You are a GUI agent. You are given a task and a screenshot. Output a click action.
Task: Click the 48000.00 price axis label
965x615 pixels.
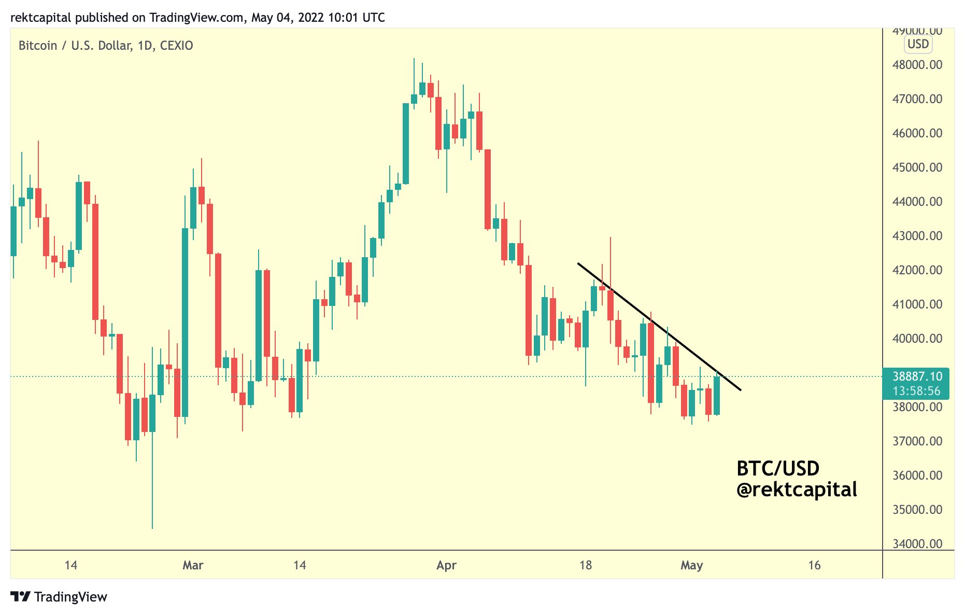point(917,65)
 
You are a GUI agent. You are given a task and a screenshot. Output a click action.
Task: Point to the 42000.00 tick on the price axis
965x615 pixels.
point(917,270)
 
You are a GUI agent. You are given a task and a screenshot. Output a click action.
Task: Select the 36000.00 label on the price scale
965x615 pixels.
point(917,476)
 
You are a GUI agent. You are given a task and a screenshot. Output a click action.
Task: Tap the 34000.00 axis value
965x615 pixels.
point(917,543)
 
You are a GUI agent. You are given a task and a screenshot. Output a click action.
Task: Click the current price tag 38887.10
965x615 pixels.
point(917,376)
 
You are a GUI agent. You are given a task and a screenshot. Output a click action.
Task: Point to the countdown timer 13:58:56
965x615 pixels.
point(916,391)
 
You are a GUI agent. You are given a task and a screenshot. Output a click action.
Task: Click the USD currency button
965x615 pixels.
point(918,44)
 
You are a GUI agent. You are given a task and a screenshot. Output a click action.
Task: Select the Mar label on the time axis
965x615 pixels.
point(193,565)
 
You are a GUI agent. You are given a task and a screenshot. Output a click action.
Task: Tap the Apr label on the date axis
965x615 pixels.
point(446,565)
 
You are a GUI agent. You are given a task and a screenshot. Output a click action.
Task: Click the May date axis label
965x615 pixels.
point(691,565)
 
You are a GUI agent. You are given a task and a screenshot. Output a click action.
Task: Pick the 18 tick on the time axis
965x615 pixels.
point(585,565)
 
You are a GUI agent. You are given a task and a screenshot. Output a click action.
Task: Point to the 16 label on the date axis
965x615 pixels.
point(814,565)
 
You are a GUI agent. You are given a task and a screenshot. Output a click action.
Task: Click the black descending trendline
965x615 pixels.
point(659,327)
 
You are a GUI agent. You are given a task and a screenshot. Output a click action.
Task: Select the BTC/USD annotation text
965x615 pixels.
point(778,469)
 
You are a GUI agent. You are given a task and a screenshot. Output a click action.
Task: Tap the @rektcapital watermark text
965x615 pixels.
point(797,490)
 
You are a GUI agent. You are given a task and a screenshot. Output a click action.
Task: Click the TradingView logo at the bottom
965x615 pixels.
point(59,597)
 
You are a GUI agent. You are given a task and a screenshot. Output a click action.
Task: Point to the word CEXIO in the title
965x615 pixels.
point(176,46)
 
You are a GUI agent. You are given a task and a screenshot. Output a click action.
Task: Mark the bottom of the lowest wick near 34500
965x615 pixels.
point(152,528)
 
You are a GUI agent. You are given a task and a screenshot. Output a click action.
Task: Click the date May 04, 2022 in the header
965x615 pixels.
point(287,18)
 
